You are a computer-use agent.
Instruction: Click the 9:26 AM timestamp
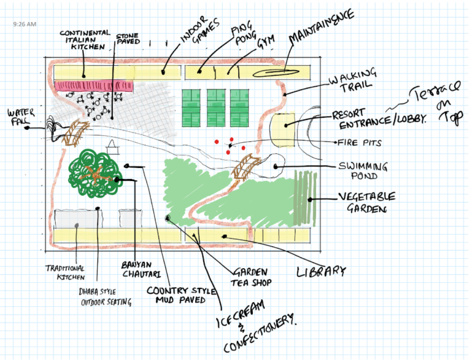(x=25, y=24)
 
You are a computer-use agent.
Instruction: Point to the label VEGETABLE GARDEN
(x=366, y=202)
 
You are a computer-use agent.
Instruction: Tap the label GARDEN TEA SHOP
(x=250, y=277)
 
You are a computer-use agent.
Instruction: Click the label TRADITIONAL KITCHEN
(x=65, y=272)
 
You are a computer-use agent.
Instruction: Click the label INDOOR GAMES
(x=199, y=33)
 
